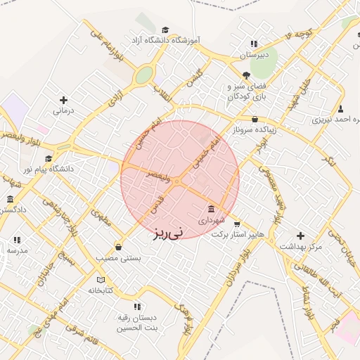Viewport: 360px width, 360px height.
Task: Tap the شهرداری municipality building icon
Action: click(x=212, y=209)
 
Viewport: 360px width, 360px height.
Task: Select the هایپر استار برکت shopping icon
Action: click(x=236, y=224)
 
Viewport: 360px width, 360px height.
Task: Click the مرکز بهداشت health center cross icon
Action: click(x=301, y=236)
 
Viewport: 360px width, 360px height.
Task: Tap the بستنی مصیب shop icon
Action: click(x=117, y=247)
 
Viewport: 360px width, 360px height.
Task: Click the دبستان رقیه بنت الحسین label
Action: click(x=138, y=323)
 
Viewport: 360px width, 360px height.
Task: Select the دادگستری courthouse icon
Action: click(x=10, y=199)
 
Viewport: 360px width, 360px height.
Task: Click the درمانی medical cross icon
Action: click(x=64, y=101)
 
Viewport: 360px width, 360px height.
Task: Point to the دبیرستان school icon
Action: click(x=254, y=44)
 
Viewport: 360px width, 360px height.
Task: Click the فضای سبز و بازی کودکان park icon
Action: click(x=245, y=75)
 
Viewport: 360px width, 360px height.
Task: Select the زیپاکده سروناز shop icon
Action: click(x=254, y=120)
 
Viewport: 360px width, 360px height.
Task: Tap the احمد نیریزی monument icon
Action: click(x=341, y=109)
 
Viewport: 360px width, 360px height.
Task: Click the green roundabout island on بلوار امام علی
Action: click(x=144, y=75)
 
